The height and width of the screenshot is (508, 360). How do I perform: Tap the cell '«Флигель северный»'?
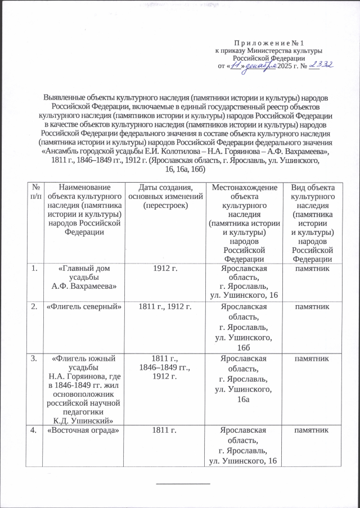[83, 306]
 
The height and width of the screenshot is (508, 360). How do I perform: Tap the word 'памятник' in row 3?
[312, 357]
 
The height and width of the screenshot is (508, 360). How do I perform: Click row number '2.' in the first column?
[35, 306]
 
